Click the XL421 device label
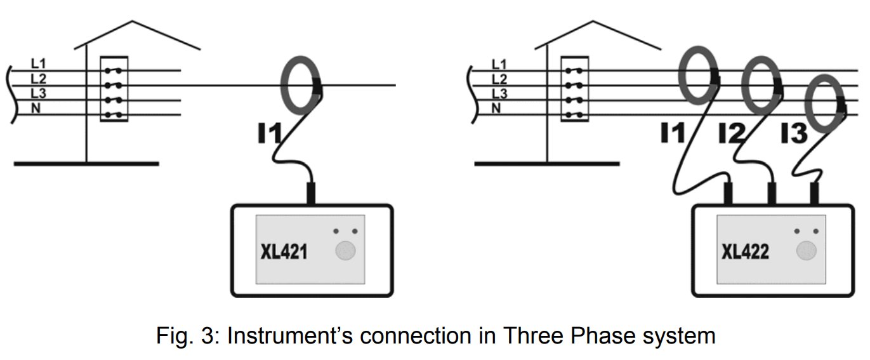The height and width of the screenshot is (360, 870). click(284, 252)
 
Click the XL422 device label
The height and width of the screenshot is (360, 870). click(745, 252)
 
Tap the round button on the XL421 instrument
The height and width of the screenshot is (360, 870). click(345, 251)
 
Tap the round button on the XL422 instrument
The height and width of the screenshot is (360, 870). click(807, 251)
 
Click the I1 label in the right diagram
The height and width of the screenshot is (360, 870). click(673, 134)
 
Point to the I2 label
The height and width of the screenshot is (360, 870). click(731, 134)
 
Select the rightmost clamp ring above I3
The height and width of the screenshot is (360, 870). click(826, 101)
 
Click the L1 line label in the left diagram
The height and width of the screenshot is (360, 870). click(38, 63)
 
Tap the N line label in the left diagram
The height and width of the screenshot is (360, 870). click(36, 108)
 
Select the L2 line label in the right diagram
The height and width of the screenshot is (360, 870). click(499, 79)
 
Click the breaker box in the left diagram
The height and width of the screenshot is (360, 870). click(114, 89)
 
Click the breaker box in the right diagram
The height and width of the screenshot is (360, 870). click(575, 89)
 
